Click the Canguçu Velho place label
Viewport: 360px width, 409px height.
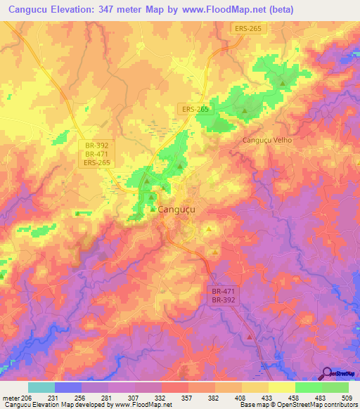(266, 140)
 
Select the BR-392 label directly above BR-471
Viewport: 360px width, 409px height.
(96, 144)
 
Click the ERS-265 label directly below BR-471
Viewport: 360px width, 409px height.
(96, 162)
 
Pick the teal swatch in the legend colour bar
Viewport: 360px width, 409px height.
(41, 387)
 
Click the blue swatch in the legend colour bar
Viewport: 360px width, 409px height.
(68, 387)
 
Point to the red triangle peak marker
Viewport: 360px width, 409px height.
(250, 337)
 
